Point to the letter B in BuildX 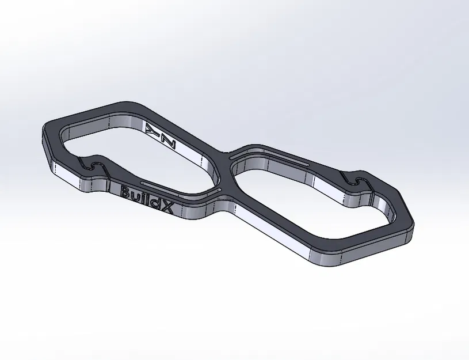click(x=126, y=191)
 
